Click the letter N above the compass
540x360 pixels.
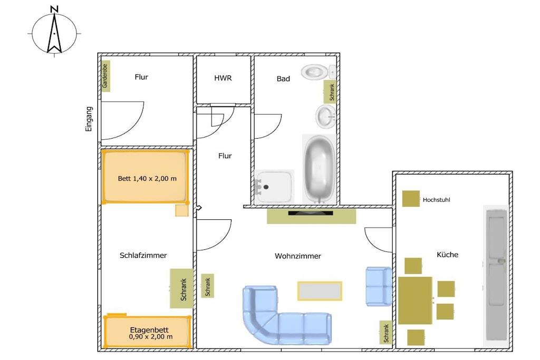pyautogui.click(x=54, y=9)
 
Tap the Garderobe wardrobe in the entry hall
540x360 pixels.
pyautogui.click(x=105, y=76)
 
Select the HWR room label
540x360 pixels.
pyautogui.click(x=223, y=78)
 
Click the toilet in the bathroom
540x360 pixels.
pyautogui.click(x=318, y=72)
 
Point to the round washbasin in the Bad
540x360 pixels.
pyautogui.click(x=325, y=116)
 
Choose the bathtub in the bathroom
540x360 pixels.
pyautogui.click(x=320, y=169)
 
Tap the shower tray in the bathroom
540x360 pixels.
pyautogui.click(x=274, y=186)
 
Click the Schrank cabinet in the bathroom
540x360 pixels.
pyautogui.click(x=330, y=92)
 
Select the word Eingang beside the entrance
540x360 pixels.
pyautogui.click(x=89, y=119)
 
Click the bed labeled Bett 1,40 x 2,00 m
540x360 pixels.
pyautogui.click(x=146, y=177)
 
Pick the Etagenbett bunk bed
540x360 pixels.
pyautogui.click(x=147, y=332)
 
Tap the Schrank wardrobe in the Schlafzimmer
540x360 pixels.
pyautogui.click(x=181, y=288)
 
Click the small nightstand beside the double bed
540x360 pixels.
pyautogui.click(x=182, y=210)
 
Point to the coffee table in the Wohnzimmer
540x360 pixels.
pyautogui.click(x=320, y=291)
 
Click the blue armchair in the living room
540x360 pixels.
pyautogui.click(x=379, y=286)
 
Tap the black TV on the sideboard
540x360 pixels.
pyautogui.click(x=311, y=213)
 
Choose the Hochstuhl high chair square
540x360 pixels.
pyautogui.click(x=411, y=199)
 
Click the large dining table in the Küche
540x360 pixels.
pyautogui.click(x=415, y=300)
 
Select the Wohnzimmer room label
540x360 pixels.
pyautogui.click(x=298, y=256)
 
